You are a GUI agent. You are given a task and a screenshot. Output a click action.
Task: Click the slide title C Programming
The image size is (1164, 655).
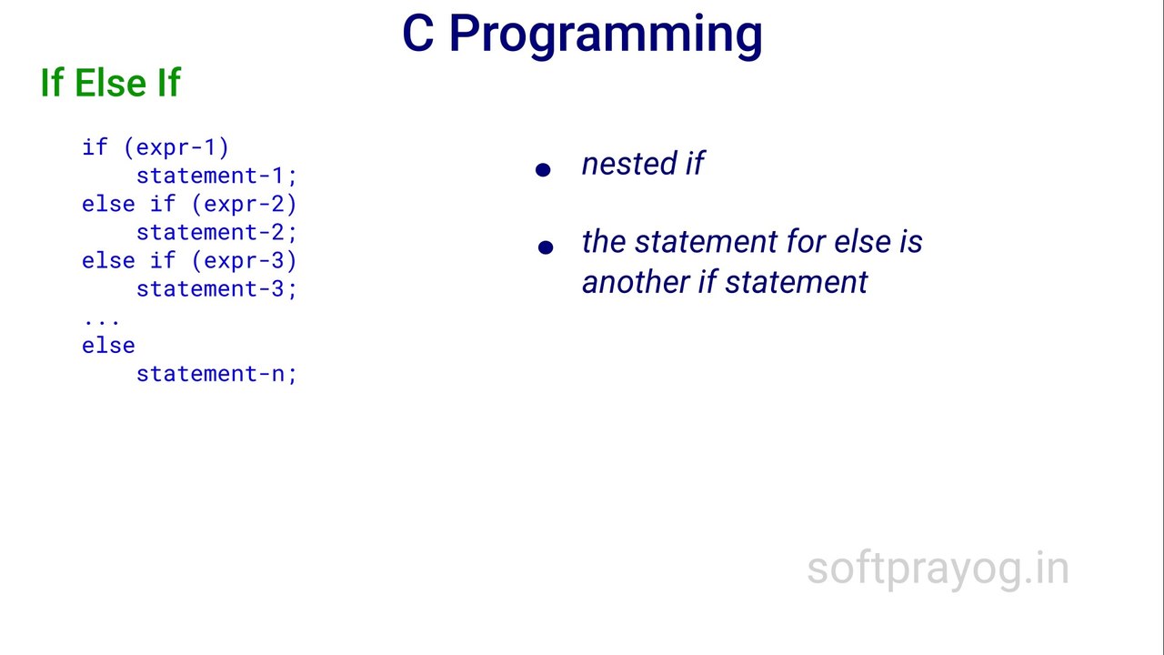point(582,35)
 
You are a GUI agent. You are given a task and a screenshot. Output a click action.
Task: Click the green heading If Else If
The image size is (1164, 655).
point(110,83)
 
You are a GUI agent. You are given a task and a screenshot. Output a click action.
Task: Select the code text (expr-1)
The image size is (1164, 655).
point(182,147)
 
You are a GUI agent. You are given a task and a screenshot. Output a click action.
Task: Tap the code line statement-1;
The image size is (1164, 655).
point(216,176)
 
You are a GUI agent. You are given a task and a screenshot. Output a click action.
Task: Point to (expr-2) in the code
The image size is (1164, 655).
point(244,204)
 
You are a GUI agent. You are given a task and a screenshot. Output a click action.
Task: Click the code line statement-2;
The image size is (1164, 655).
point(216,232)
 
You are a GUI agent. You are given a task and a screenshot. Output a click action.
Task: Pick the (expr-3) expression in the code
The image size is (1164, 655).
point(244,260)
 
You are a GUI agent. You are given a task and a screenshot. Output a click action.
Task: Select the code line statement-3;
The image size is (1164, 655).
point(216,288)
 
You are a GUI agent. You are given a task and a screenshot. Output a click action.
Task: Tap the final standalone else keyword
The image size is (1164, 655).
point(108,346)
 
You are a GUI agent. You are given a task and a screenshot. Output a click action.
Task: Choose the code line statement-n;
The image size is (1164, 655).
point(216,374)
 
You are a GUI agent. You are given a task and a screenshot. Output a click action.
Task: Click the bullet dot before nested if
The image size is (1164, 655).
point(544,169)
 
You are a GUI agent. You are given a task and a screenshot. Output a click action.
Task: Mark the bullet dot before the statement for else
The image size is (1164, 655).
point(546,247)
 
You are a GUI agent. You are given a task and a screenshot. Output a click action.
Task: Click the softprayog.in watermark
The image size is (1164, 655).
point(938,569)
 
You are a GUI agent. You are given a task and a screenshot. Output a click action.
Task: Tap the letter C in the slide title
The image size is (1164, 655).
point(418,35)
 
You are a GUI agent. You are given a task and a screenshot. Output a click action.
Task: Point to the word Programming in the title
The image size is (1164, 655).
point(606,35)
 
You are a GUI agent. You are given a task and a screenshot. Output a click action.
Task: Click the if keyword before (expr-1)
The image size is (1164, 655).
point(95,147)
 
